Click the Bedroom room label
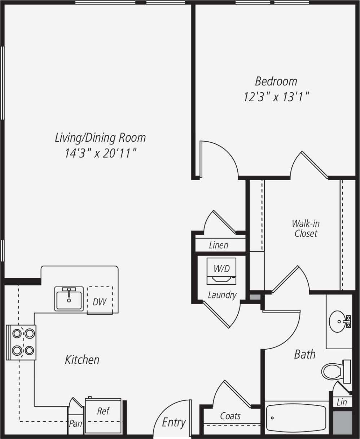[x=276, y=81]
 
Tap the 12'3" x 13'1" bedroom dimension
[x=276, y=97]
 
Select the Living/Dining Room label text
[x=100, y=138]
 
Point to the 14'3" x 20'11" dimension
[x=100, y=154]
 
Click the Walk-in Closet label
[x=306, y=229]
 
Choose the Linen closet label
[x=219, y=245]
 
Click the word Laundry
[x=222, y=295]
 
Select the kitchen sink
[x=69, y=298]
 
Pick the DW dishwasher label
[x=100, y=302]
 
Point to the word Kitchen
[x=82, y=359]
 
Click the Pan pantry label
[x=75, y=423]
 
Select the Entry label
[x=174, y=422]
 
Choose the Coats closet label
[x=230, y=416]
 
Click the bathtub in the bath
[x=296, y=418]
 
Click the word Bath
[x=305, y=354]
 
